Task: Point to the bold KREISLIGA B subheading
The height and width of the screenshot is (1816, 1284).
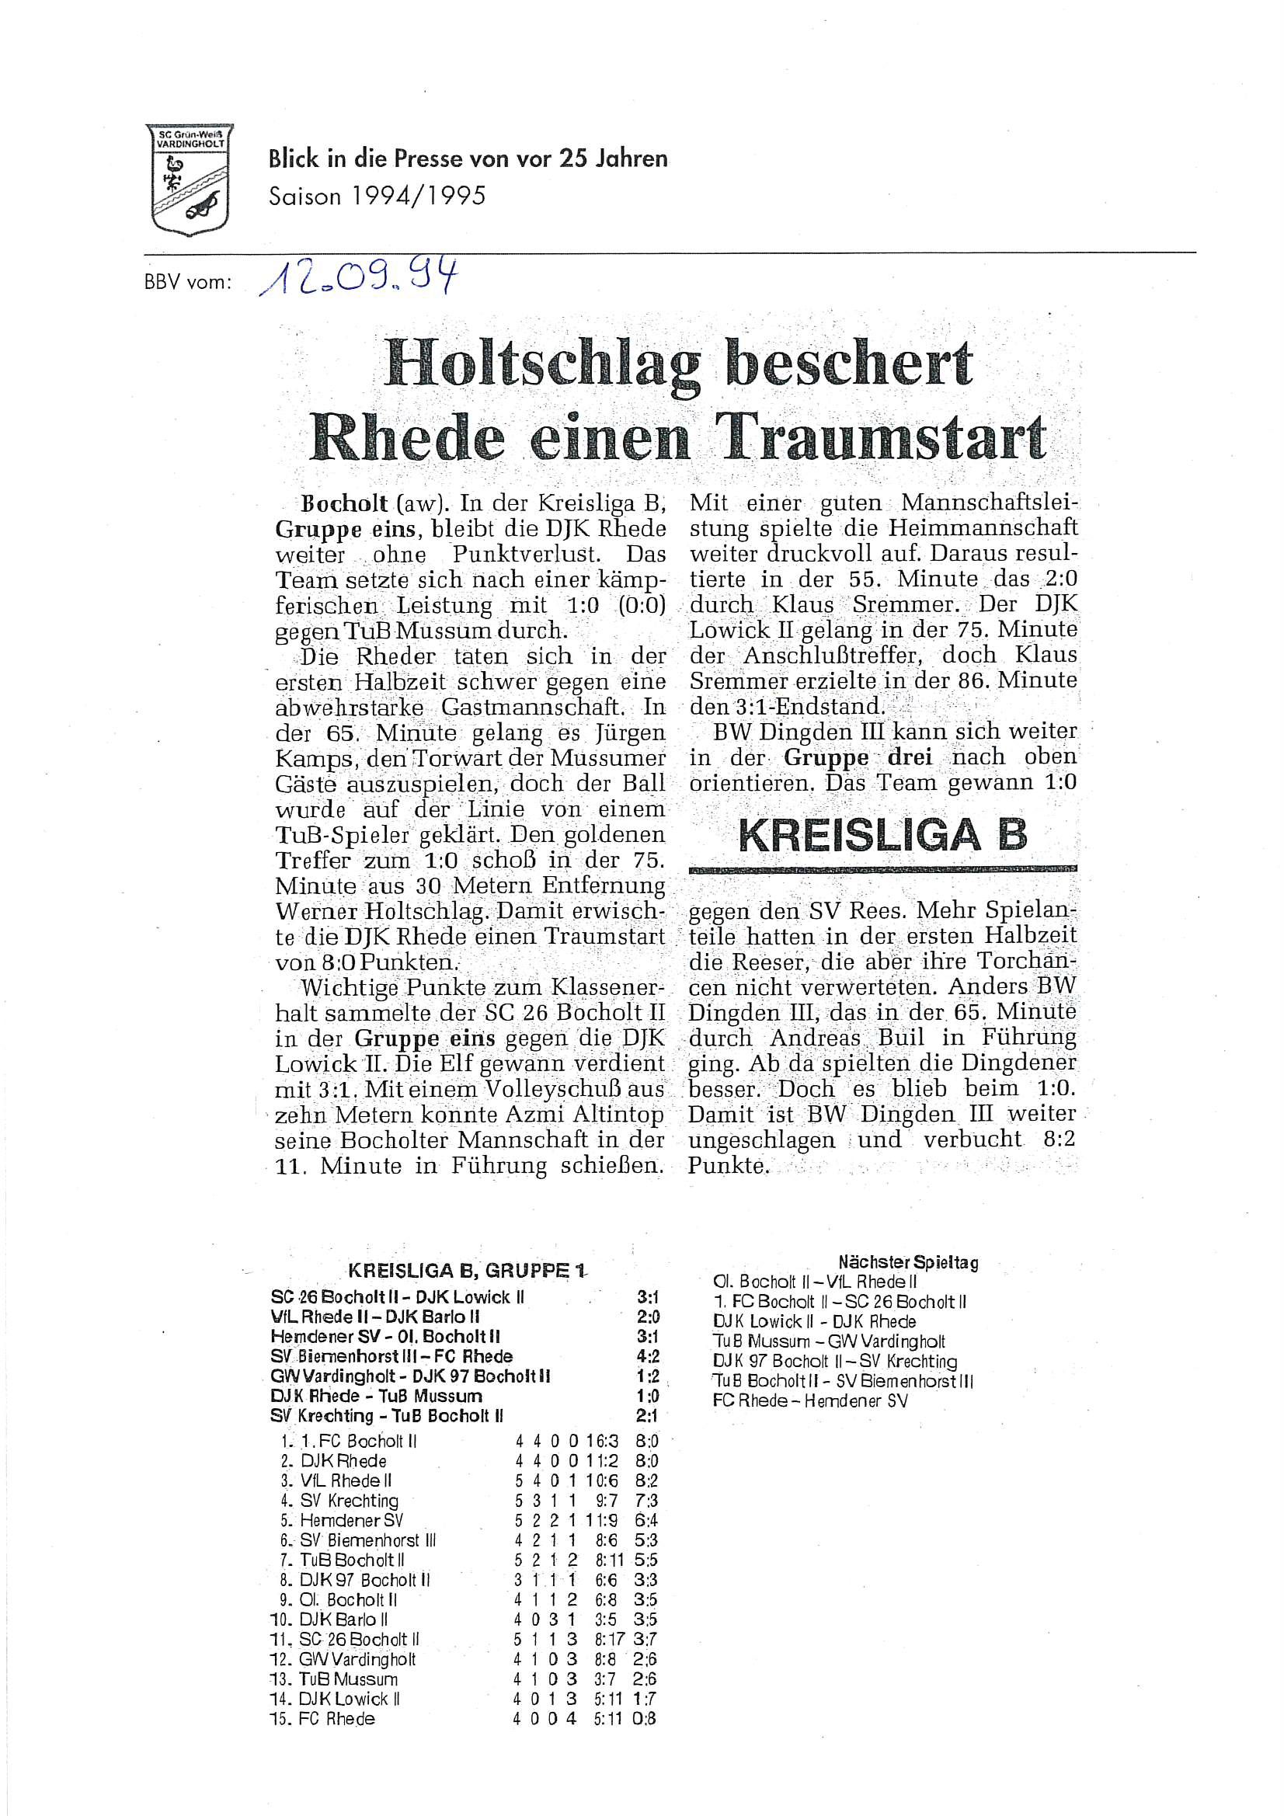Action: pos(882,836)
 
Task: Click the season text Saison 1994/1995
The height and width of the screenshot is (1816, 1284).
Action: pos(377,197)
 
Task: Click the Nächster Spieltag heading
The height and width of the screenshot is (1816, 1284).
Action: pos(907,1262)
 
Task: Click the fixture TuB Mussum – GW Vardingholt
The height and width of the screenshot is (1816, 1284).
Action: pos(828,1341)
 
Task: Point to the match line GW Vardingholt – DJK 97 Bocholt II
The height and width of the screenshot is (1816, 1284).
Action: pos(411,1376)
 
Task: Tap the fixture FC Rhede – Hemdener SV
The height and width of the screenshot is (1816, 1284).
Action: pos(809,1400)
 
